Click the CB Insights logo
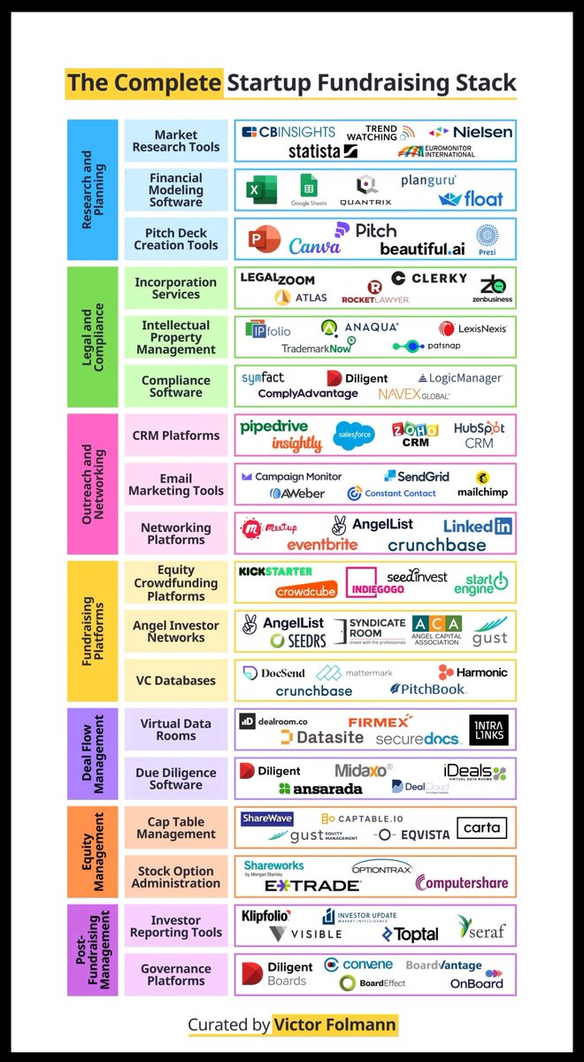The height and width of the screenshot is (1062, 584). (288, 132)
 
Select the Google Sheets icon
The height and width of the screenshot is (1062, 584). (309, 189)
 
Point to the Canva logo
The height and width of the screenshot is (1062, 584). (314, 245)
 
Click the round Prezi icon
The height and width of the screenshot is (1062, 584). (487, 236)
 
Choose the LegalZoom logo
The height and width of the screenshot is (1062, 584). (278, 279)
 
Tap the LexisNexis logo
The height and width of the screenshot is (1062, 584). (473, 328)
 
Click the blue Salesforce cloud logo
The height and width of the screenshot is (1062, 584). (354, 435)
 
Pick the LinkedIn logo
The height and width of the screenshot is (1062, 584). (478, 526)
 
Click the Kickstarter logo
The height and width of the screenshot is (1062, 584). (275, 572)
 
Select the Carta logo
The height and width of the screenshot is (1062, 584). (481, 828)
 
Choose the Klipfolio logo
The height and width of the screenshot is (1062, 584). (265, 916)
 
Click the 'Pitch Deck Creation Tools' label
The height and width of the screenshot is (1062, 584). (175, 239)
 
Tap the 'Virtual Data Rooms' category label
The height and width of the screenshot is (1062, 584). (175, 729)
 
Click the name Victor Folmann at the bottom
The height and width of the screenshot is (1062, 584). (335, 1025)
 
